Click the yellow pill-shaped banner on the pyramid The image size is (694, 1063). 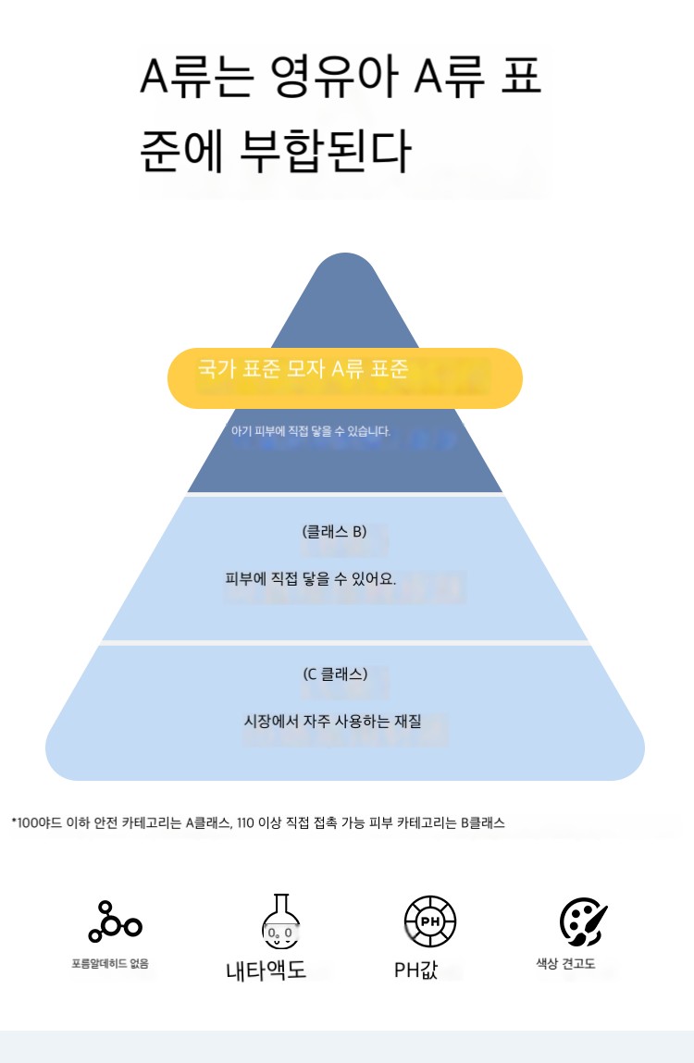click(344, 377)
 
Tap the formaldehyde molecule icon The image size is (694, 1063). click(115, 922)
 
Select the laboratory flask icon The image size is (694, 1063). click(281, 921)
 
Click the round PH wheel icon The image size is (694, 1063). click(430, 921)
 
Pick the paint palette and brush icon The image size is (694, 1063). click(583, 922)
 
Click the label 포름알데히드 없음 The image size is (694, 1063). click(110, 963)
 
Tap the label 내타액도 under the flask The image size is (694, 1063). click(266, 970)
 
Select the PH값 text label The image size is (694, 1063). click(415, 970)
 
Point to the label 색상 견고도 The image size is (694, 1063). click(565, 963)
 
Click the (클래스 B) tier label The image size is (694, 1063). click(334, 531)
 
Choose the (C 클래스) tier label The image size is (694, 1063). click(335, 674)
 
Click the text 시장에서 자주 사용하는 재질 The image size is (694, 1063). click(332, 721)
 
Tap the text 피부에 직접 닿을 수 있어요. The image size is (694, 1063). click(311, 578)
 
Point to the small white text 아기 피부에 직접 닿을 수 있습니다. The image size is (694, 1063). click(311, 431)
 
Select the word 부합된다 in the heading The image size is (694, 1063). click(326, 150)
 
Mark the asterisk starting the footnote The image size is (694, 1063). click(14, 821)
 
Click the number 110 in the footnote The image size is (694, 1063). click(245, 823)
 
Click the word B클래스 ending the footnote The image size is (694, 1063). click(483, 823)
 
